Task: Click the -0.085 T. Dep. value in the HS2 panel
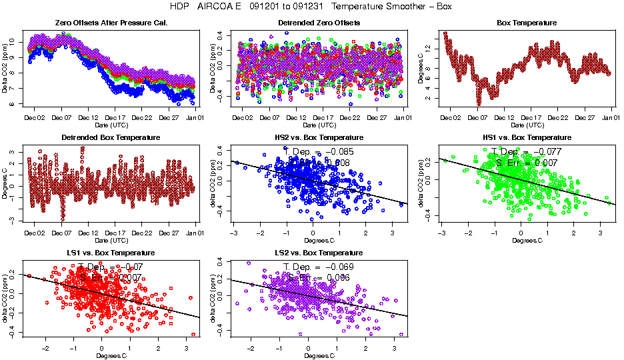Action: (338, 151)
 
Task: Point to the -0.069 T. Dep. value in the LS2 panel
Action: (338, 267)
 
